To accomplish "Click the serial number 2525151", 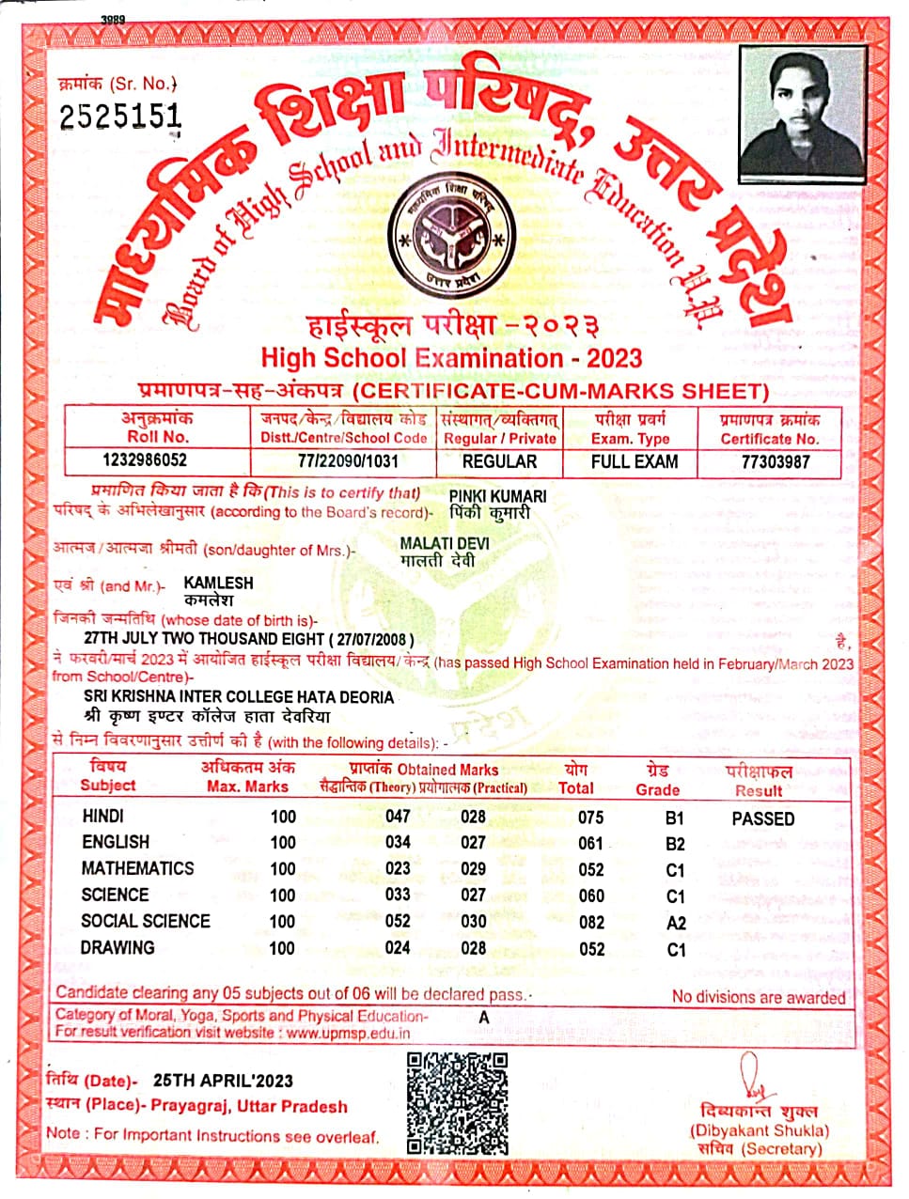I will (x=120, y=117).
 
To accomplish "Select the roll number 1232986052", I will (x=144, y=460).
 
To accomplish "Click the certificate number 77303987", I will (x=776, y=461).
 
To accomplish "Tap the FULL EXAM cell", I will (x=635, y=461).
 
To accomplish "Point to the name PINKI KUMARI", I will (x=497, y=495).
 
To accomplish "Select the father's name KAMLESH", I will (x=218, y=583).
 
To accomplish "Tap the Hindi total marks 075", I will (x=591, y=817).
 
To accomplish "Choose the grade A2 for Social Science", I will (x=675, y=923).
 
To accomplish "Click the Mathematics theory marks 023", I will (x=398, y=868).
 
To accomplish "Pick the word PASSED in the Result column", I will (x=762, y=818).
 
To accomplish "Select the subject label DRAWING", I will (x=118, y=948).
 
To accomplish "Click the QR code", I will (x=457, y=1103).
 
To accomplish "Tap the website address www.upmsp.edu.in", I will (x=348, y=1033).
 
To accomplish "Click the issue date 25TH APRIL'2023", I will (x=223, y=1081).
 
